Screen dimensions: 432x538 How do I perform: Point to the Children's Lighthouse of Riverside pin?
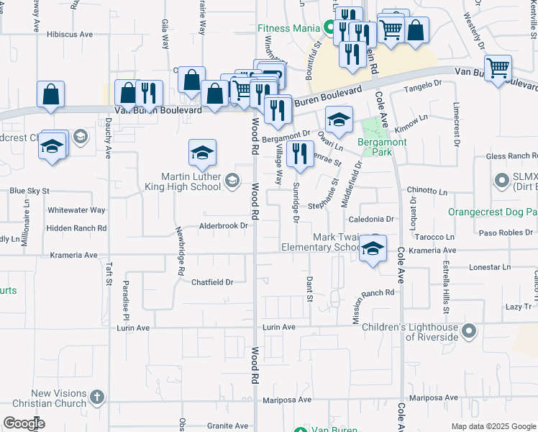tap(469, 331)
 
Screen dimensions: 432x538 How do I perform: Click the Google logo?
tap(24, 423)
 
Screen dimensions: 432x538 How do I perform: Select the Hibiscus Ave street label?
tap(70, 34)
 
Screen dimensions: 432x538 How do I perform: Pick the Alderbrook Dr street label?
tap(224, 225)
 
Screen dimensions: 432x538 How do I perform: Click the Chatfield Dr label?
tap(212, 282)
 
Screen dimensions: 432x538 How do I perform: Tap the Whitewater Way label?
tap(76, 210)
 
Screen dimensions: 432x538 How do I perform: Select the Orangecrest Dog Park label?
tap(493, 212)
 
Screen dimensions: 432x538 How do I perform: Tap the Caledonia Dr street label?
tap(373, 218)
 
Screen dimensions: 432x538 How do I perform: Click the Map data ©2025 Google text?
tap(493, 426)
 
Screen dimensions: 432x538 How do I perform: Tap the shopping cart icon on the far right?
tap(498, 68)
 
